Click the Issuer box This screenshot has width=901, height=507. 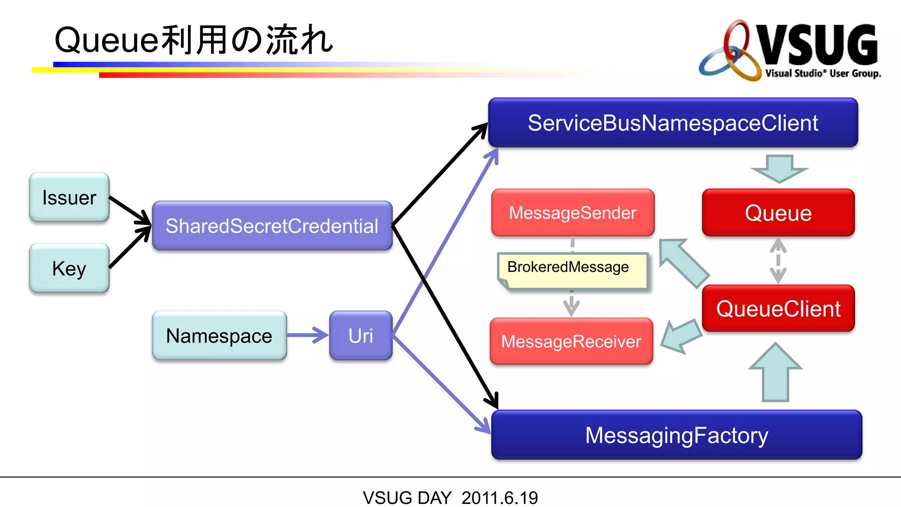click(69, 197)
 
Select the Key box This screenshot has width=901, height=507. click(69, 268)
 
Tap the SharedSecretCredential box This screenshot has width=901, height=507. click(272, 226)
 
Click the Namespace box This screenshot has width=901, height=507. click(219, 336)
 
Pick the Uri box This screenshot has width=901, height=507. click(361, 336)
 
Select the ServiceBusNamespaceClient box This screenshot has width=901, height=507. click(673, 123)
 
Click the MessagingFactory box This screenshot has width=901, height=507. click(676, 435)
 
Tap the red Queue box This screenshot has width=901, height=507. click(778, 213)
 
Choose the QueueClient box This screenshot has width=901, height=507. click(778, 309)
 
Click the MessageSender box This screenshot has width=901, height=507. click(572, 213)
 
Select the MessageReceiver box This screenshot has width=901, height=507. click(571, 342)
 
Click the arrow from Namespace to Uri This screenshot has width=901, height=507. click(308, 335)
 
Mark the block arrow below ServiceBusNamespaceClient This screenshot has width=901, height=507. click(779, 169)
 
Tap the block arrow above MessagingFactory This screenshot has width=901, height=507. click(775, 374)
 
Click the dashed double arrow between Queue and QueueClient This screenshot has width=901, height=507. click(778, 261)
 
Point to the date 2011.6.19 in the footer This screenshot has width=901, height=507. click(499, 498)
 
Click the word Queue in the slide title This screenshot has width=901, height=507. click(106, 40)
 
